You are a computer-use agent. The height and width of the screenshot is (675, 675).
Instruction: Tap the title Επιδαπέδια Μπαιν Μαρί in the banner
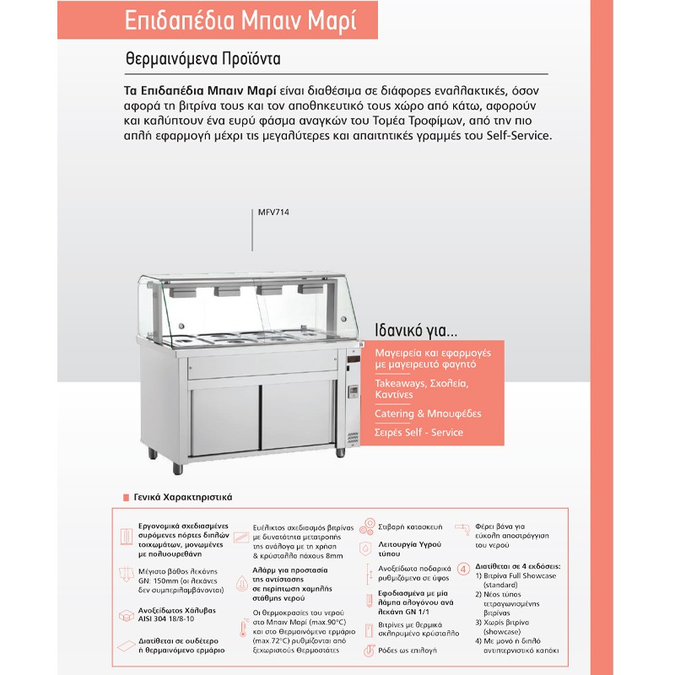point(251,20)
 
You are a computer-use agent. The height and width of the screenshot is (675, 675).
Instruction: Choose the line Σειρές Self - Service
point(419,432)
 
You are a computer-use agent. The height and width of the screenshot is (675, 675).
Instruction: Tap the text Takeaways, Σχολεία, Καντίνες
point(410,389)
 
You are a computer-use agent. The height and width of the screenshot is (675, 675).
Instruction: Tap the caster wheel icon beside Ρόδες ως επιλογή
point(368,651)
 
